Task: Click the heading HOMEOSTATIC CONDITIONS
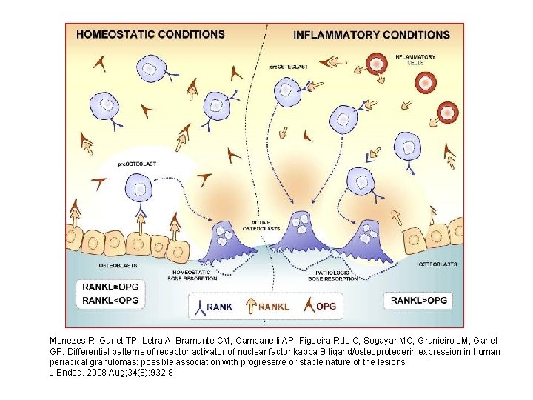(x=150, y=34)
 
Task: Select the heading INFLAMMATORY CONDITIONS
(x=372, y=34)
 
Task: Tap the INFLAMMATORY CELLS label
(x=414, y=59)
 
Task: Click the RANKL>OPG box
(x=418, y=300)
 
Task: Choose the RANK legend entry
(x=211, y=306)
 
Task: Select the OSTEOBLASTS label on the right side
(x=438, y=264)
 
